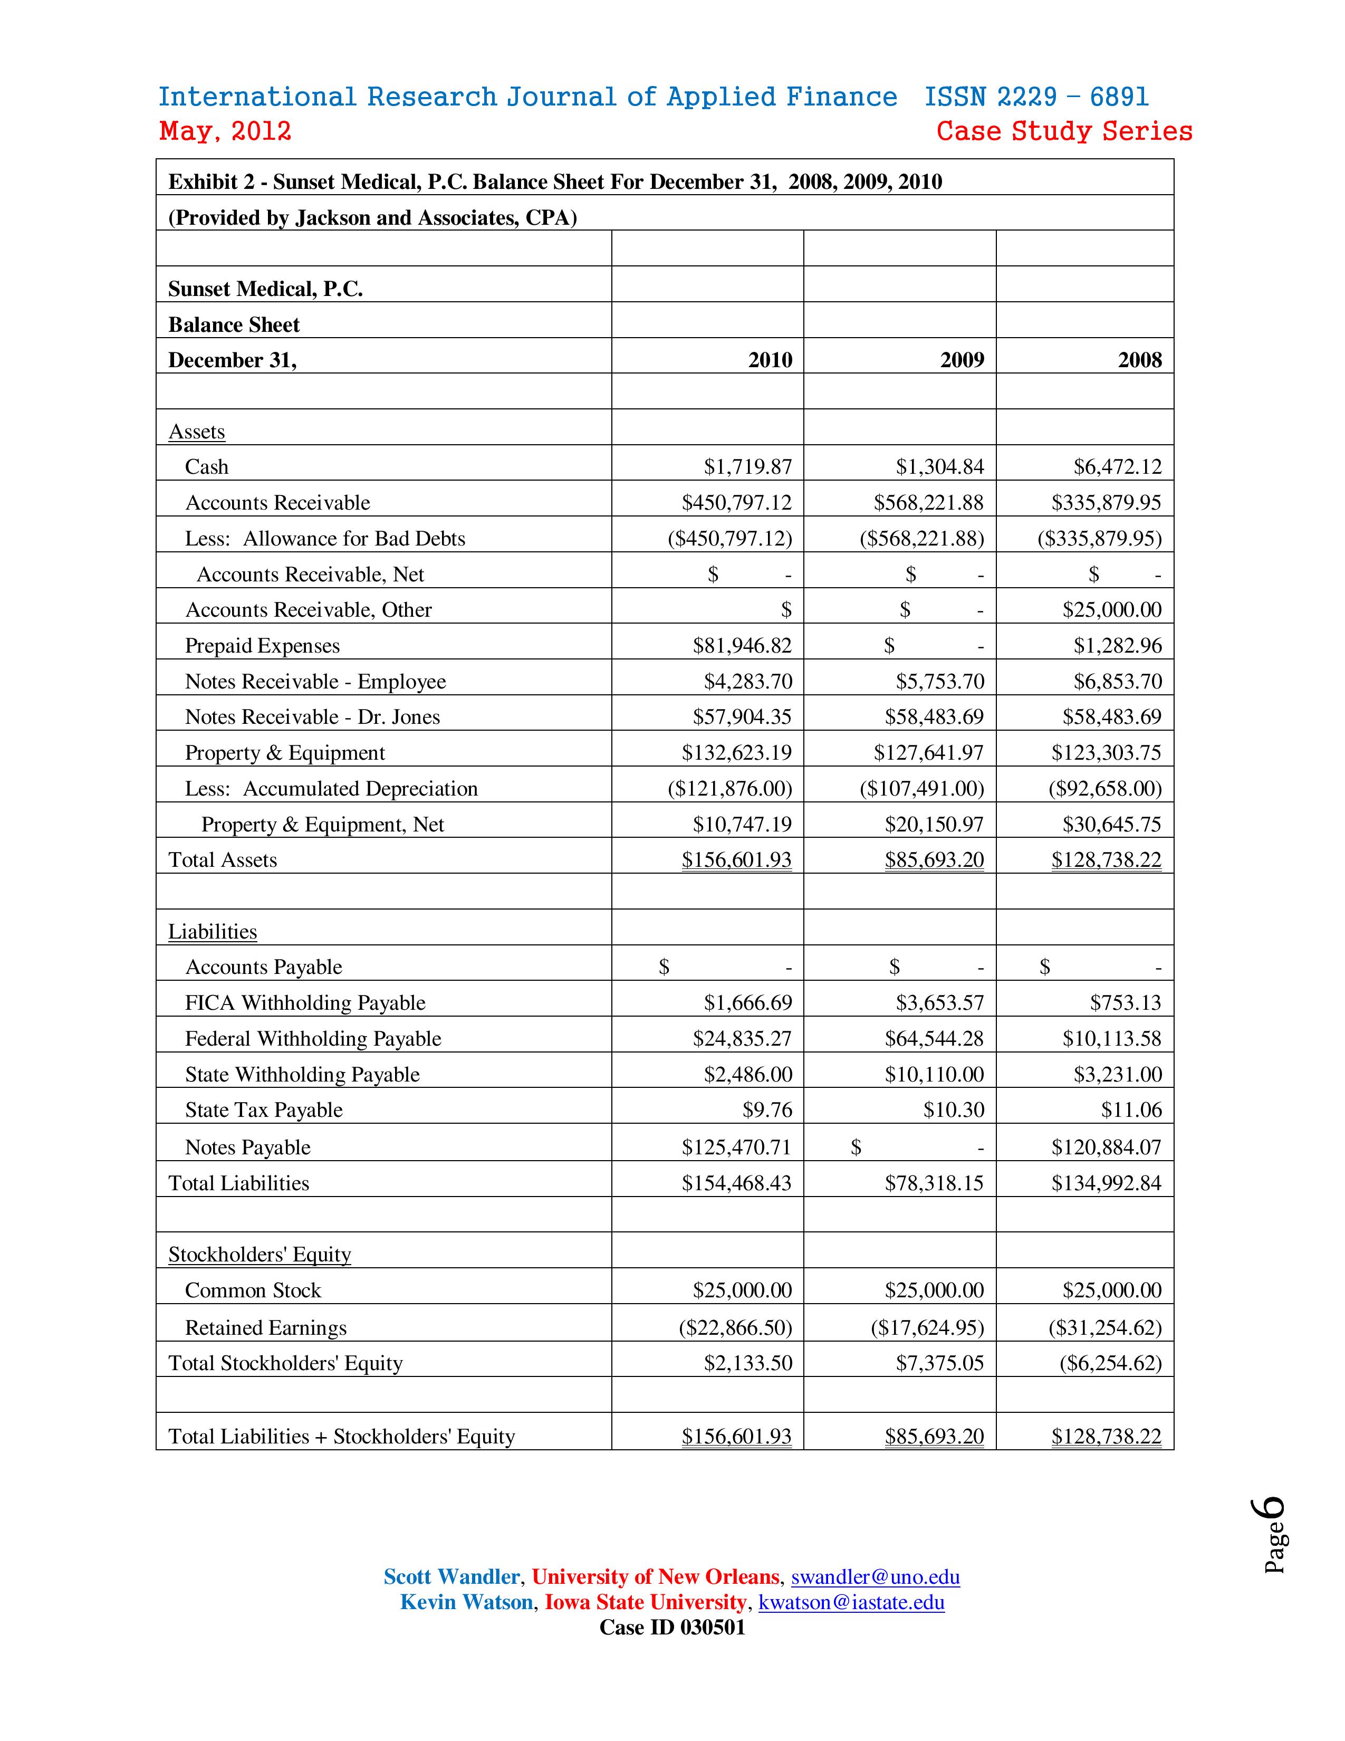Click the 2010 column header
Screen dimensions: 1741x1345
(x=770, y=360)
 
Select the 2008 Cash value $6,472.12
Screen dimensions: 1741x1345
(x=1117, y=466)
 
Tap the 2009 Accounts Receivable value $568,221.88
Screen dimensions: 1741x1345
(x=928, y=503)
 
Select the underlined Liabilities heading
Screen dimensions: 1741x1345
(x=213, y=931)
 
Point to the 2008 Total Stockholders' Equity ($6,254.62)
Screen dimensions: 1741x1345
(x=1110, y=1363)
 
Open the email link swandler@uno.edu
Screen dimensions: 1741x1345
(x=875, y=1577)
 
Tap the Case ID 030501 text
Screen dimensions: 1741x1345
(x=671, y=1627)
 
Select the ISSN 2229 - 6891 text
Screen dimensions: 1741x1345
(x=1036, y=97)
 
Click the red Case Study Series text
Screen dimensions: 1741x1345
(x=1064, y=131)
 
